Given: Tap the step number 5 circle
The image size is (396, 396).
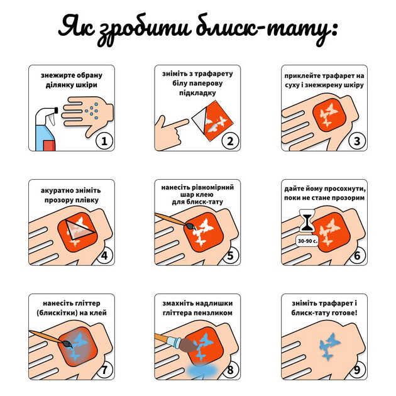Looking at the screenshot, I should pyautogui.click(x=230, y=256).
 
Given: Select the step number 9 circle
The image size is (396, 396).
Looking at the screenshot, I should pyautogui.click(x=356, y=370).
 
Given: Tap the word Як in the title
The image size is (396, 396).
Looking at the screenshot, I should pyautogui.click(x=77, y=28).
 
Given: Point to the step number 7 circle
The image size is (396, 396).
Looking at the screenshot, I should pyautogui.click(x=104, y=370).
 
